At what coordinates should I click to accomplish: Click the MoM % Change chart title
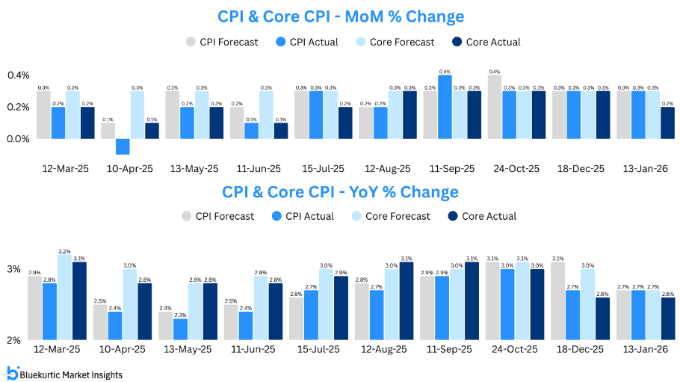pyautogui.click(x=340, y=16)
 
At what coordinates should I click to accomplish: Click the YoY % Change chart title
pyautogui.click(x=340, y=192)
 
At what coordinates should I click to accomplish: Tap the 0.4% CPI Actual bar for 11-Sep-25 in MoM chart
pyautogui.click(x=445, y=107)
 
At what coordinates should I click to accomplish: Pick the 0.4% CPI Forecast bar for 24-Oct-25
pyautogui.click(x=495, y=107)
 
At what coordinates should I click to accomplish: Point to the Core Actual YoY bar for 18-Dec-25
pyautogui.click(x=602, y=319)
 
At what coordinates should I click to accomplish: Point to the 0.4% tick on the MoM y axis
pyautogui.click(x=18, y=76)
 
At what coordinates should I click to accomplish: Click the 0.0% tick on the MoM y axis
pyautogui.click(x=18, y=139)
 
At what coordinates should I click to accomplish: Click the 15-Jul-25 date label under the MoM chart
pyautogui.click(x=324, y=169)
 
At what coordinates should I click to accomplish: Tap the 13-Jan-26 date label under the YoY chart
pyautogui.click(x=645, y=349)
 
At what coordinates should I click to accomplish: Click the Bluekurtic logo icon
pyautogui.click(x=13, y=373)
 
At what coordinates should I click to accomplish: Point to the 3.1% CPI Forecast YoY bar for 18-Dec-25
pyautogui.click(x=559, y=301)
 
